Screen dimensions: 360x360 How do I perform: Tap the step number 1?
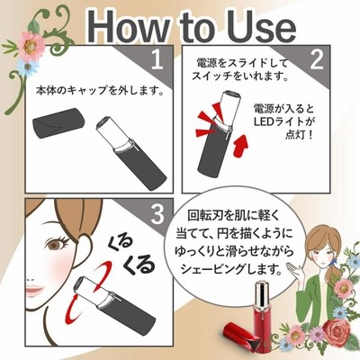(x=157, y=59)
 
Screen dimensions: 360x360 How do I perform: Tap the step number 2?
(x=317, y=59)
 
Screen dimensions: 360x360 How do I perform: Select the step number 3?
(x=157, y=214)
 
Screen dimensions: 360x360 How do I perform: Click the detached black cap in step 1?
(x=58, y=122)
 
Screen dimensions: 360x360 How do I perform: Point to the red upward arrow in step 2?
(x=239, y=146)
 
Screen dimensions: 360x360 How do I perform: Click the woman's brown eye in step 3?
(x=56, y=245)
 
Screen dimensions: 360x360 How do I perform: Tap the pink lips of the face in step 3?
(x=34, y=290)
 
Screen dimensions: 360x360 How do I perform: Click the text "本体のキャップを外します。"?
(x=101, y=90)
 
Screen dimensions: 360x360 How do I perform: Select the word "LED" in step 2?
(x=264, y=121)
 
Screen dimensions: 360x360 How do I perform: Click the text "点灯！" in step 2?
(x=299, y=135)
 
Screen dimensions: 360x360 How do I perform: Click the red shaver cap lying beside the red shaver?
(x=239, y=335)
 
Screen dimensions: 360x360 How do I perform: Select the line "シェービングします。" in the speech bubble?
(x=231, y=268)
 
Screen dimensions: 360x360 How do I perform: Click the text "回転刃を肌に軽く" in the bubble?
(x=233, y=215)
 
